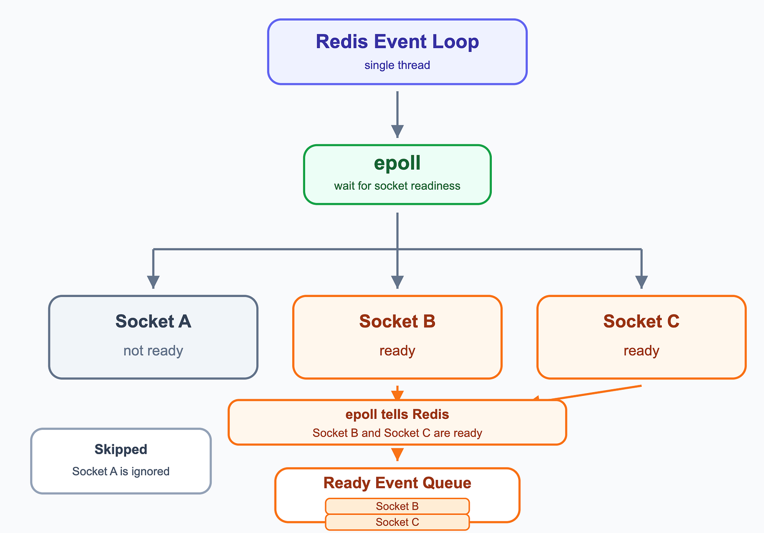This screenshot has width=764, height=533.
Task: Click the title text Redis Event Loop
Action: point(397,42)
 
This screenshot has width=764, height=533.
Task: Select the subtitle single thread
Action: point(397,65)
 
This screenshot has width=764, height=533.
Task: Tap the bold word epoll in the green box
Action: point(397,163)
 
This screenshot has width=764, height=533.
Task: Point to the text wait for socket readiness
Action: point(397,186)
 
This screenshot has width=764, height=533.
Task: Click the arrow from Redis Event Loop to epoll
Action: point(397,114)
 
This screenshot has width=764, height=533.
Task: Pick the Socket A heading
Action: point(153,321)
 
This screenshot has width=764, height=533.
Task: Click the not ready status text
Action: point(153,351)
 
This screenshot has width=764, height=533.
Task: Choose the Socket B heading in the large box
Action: point(397,321)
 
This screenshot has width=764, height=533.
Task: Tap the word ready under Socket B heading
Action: point(397,351)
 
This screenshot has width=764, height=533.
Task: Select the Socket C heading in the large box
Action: point(642,321)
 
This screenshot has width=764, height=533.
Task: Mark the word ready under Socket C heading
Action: point(642,351)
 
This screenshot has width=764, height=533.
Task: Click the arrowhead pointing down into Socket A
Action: point(153,282)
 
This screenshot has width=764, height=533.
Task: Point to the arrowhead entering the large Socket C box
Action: point(642,282)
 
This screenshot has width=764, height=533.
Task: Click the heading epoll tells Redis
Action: point(397,414)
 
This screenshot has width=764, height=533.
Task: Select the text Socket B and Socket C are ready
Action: point(397,433)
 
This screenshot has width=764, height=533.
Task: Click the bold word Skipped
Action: point(121,449)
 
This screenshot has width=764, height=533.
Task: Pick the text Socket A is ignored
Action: point(121,471)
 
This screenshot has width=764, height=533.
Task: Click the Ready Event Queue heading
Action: point(397,483)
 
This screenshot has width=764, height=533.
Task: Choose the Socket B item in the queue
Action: point(397,506)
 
